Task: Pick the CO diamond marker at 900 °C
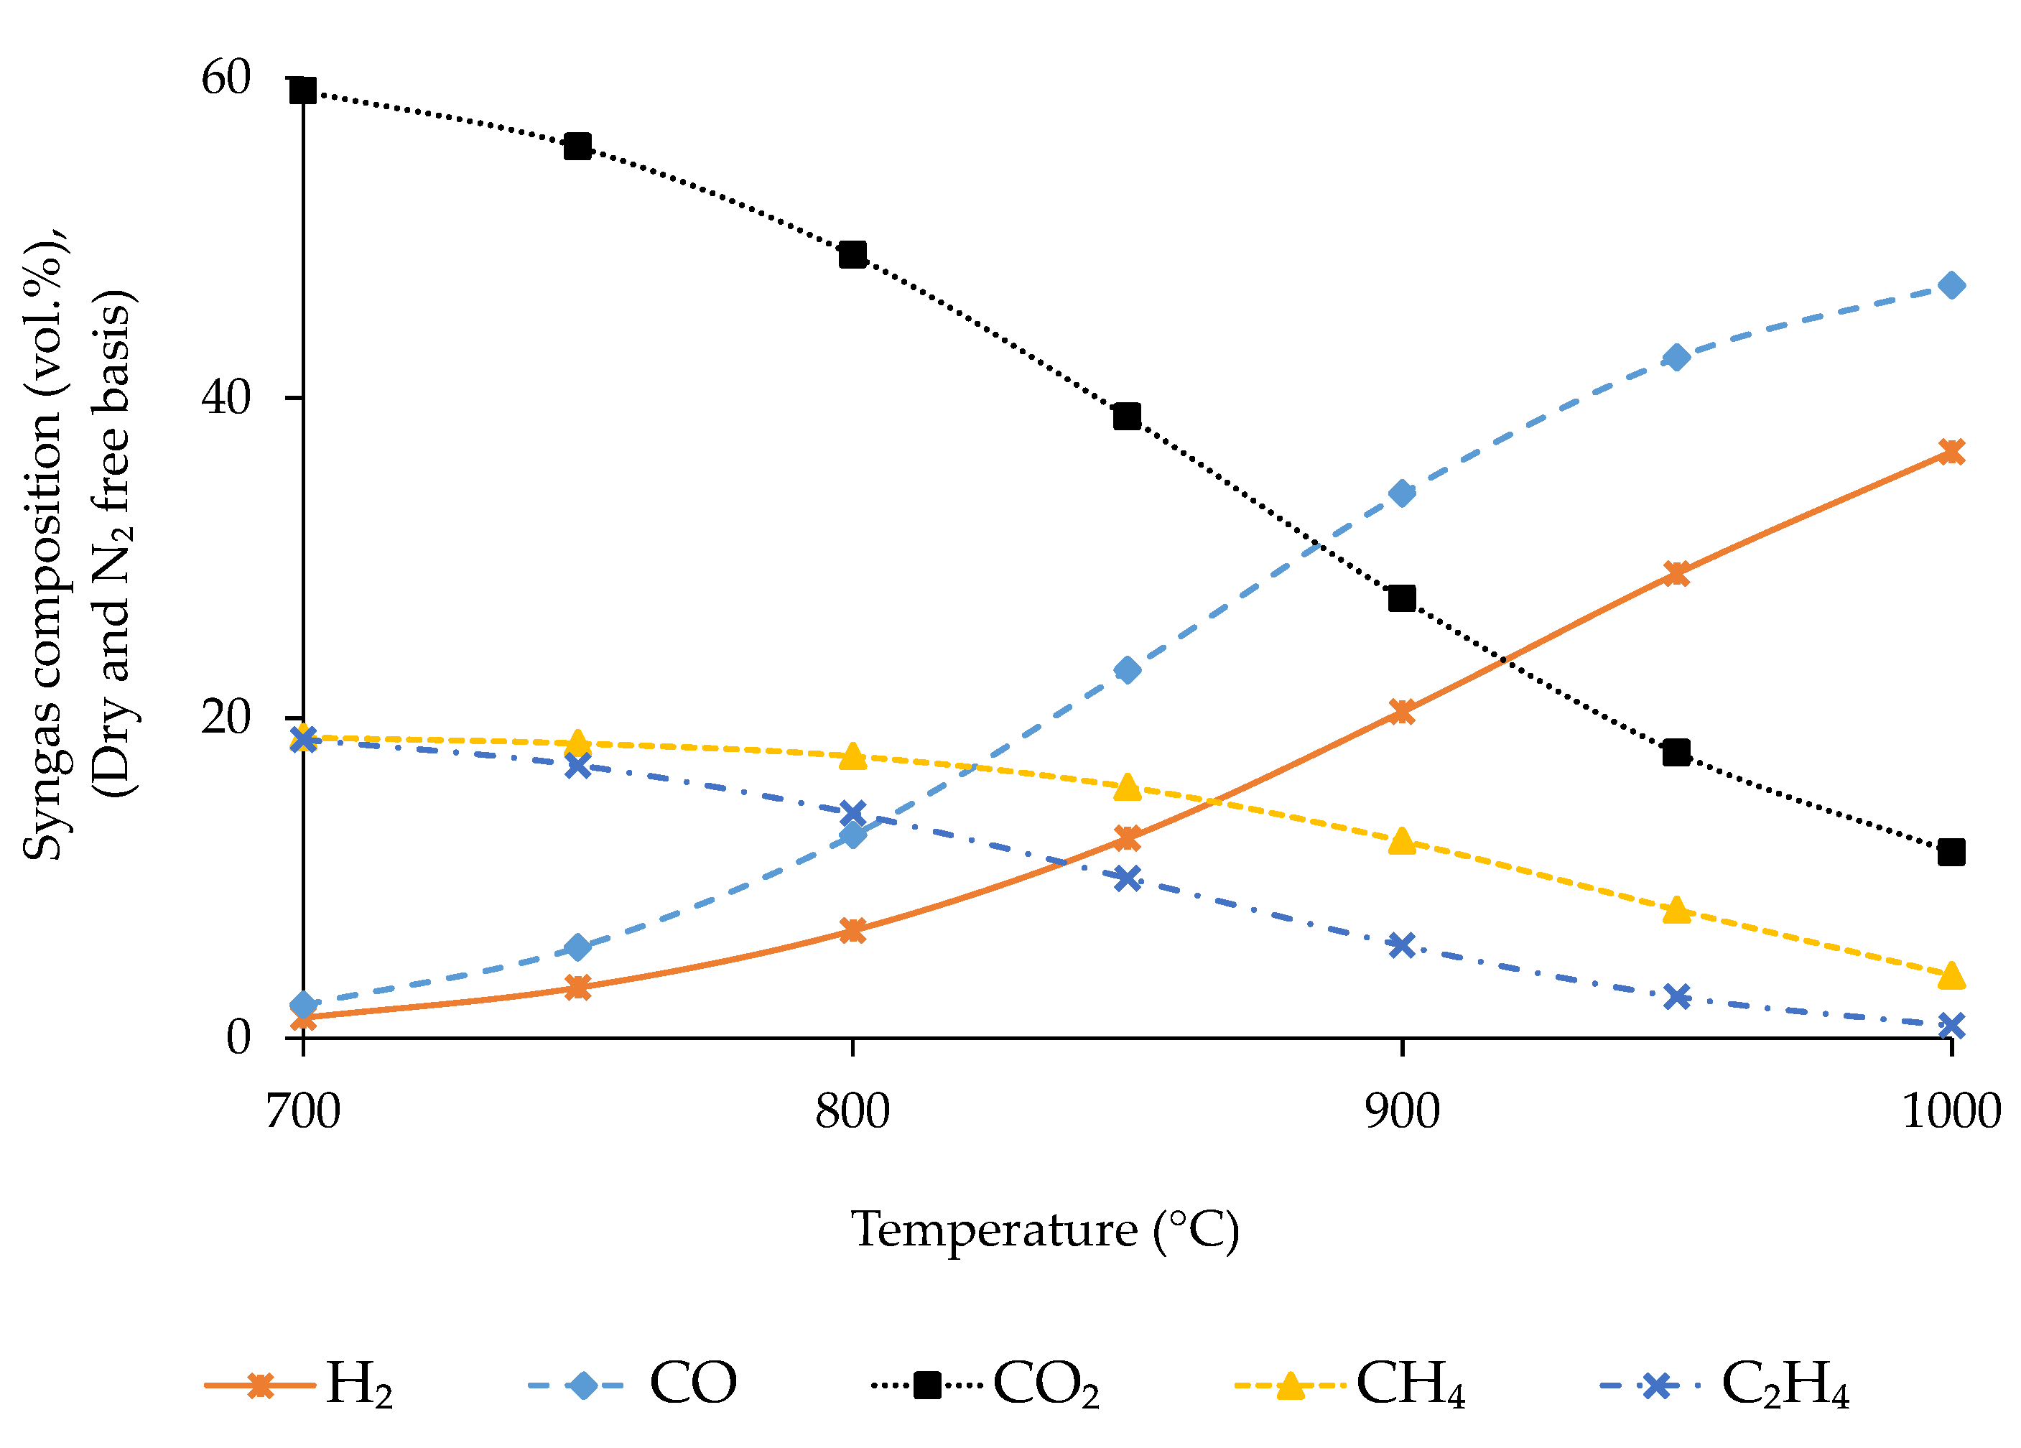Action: point(1403,493)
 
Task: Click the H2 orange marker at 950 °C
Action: point(1677,573)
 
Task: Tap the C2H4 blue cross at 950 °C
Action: point(1677,996)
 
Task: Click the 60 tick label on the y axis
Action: point(226,78)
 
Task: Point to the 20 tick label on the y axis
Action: point(226,718)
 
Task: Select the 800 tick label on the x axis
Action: point(852,1112)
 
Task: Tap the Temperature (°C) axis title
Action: point(1044,1230)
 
